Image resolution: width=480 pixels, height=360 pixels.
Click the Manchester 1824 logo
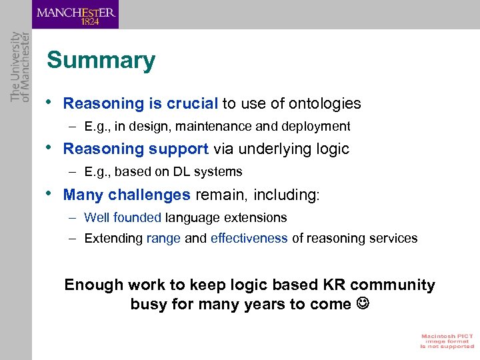[75, 15]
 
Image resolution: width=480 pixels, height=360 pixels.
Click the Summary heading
[101, 61]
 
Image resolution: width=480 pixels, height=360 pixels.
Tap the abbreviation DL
[182, 172]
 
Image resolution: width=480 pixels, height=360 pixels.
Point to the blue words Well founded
[123, 218]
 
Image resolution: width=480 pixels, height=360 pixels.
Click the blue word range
[163, 239]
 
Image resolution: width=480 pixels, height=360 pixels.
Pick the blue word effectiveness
[249, 239]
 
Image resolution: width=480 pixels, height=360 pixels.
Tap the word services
[393, 239]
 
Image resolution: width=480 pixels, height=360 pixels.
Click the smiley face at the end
[362, 305]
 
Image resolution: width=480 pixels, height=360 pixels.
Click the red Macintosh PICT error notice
[447, 340]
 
